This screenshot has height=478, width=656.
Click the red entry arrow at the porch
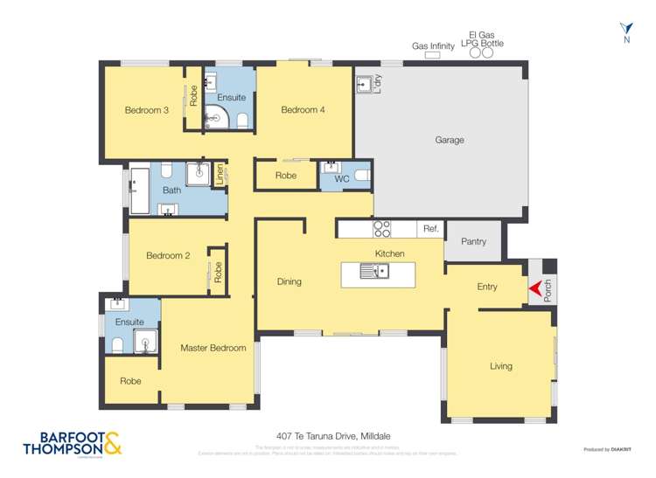pos(532,287)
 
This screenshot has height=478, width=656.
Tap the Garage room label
pos(449,140)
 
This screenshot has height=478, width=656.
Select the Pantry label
pos(472,242)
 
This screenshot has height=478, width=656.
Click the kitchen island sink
pos(378,272)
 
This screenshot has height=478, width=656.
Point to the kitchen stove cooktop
pos(381,229)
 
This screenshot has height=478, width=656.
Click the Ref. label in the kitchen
pos(430,229)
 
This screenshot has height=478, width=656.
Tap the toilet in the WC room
pos(360,176)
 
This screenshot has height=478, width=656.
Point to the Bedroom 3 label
pos(146,110)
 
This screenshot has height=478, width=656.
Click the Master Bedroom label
pos(213,348)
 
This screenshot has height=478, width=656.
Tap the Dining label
pos(289,281)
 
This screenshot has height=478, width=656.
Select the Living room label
pos(500,366)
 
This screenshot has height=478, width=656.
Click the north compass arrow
pos(625,29)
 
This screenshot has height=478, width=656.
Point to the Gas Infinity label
pos(433,46)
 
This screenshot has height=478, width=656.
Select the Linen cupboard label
pos(220,174)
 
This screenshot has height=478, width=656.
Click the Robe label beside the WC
pos(285,176)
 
